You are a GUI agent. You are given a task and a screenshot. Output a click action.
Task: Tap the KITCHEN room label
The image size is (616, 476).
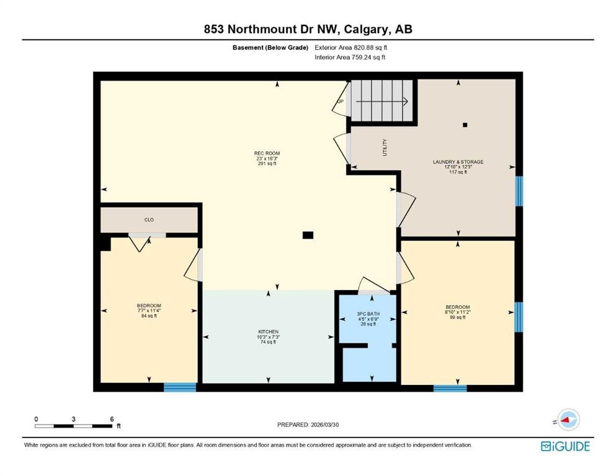(268, 332)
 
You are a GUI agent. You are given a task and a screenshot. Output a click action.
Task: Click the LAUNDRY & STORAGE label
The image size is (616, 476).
(458, 162)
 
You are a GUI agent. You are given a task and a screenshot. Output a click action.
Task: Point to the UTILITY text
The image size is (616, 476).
(385, 147)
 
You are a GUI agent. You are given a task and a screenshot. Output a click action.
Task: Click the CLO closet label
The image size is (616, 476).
(149, 219)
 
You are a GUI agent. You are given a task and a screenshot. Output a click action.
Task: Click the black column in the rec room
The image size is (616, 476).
(308, 235)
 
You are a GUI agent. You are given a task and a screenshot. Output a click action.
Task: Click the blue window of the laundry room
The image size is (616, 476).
(519, 190)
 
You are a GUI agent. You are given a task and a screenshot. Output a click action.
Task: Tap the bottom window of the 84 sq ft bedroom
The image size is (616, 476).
(180, 387)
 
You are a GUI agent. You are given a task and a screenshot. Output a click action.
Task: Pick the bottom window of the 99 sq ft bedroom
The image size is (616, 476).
(450, 388)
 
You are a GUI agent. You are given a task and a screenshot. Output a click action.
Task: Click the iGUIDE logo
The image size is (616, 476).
(565, 446)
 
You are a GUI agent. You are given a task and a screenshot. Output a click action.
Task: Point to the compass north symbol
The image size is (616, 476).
(567, 420)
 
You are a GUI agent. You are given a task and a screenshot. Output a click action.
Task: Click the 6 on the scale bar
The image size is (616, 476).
(112, 419)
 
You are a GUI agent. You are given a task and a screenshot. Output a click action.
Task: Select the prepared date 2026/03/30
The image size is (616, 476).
(308, 425)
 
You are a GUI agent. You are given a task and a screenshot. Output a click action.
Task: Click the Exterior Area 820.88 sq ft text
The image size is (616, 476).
(355, 47)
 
